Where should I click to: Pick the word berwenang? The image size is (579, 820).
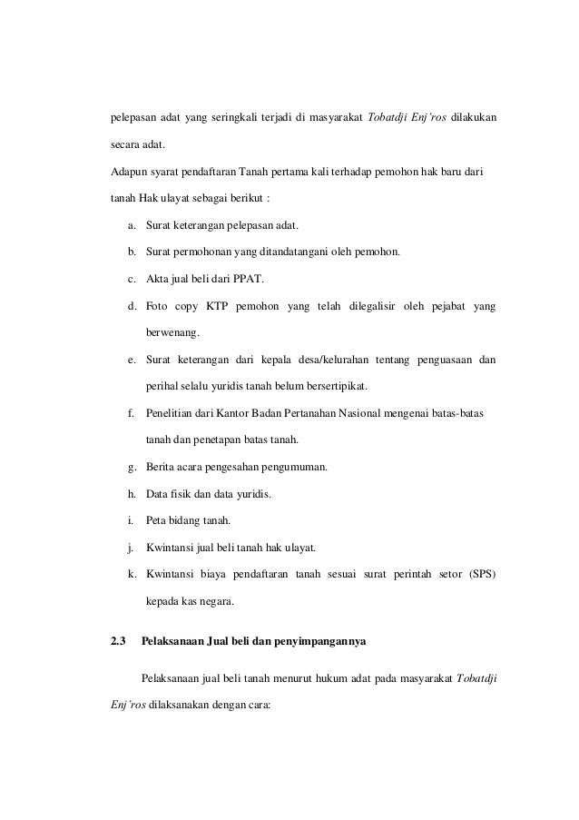coord(173,334)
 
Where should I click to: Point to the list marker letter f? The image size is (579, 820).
coord(132,414)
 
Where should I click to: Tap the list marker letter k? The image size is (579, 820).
coord(132,574)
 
